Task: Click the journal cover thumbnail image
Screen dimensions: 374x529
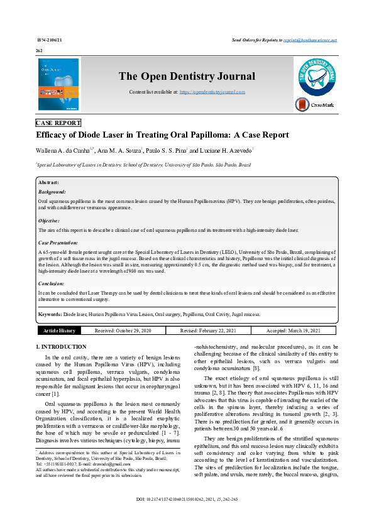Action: (58, 84)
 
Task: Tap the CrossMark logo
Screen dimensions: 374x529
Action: (315, 105)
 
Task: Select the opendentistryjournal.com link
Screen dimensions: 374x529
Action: (212, 92)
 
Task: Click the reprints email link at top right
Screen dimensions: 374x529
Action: (310, 40)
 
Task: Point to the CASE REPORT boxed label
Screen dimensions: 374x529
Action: (58, 123)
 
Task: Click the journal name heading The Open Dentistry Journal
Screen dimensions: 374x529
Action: (187, 77)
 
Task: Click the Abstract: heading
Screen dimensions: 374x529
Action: (48, 182)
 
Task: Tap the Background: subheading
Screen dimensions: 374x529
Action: (52, 191)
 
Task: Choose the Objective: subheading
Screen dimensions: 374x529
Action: (50, 221)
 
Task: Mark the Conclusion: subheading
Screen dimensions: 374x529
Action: (52, 283)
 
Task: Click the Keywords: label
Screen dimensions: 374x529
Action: (50, 314)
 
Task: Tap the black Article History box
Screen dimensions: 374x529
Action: (59, 330)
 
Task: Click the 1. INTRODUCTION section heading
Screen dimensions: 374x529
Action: (62, 347)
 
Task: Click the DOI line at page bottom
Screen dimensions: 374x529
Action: (187, 517)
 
